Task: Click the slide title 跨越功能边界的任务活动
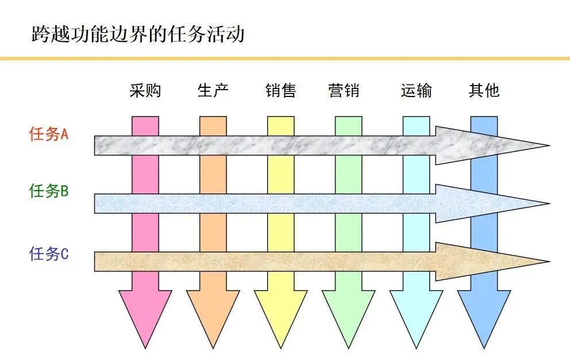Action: (138, 34)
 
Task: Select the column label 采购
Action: (145, 90)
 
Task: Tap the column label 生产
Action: (213, 90)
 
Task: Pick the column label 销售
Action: (281, 90)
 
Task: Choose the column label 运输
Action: (416, 90)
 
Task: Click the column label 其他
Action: (484, 90)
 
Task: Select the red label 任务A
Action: (49, 134)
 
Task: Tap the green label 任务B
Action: (49, 191)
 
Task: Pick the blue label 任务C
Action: (49, 253)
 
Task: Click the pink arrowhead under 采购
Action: (145, 313)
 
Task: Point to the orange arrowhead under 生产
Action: (213, 313)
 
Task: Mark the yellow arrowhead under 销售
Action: (281, 313)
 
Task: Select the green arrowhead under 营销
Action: (349, 313)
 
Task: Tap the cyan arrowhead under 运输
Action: (417, 313)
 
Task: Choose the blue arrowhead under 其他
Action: (484, 313)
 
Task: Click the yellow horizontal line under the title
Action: (285, 58)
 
